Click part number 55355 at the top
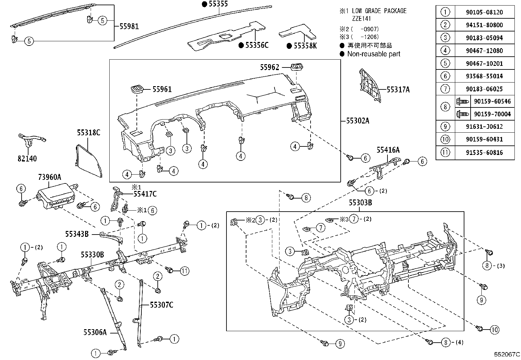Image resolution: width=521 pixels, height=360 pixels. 218,4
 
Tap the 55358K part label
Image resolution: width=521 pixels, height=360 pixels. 305,46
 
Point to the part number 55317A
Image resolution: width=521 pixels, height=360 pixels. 398,89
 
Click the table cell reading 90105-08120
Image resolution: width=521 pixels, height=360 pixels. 484,12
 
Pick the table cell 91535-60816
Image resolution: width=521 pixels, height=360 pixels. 484,152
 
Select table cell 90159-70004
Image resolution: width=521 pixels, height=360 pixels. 492,114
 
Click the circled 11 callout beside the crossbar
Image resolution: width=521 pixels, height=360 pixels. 185,271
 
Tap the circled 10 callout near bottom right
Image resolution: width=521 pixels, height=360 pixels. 494,330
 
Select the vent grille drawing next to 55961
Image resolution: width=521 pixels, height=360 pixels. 136,89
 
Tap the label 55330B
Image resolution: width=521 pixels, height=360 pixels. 93,255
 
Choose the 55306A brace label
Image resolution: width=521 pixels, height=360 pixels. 95,332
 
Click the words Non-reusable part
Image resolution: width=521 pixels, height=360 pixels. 373,54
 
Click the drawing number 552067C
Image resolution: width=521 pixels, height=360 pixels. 507,354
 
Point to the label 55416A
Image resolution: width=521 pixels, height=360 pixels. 388,150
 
